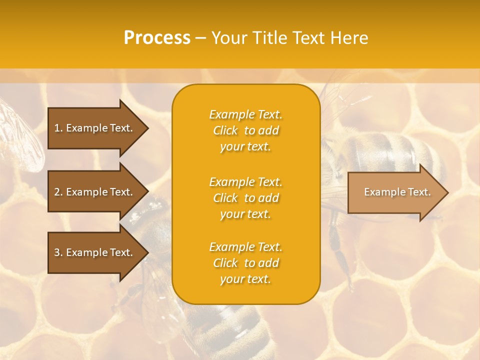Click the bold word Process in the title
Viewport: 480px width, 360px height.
[157, 38]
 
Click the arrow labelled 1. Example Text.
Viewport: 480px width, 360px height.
[95, 128]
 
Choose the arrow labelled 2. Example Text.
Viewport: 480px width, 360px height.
[95, 192]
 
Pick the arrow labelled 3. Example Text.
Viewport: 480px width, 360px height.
[95, 252]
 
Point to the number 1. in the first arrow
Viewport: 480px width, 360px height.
[58, 128]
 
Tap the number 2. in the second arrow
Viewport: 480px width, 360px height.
[58, 192]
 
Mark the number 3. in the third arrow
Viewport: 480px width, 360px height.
[58, 252]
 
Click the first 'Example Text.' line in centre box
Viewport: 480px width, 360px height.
[245, 114]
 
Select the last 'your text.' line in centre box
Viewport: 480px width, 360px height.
[245, 279]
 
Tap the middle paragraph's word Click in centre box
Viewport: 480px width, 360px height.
[225, 198]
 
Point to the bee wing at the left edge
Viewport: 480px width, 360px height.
[22, 135]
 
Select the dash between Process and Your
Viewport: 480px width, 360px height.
[200, 38]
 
